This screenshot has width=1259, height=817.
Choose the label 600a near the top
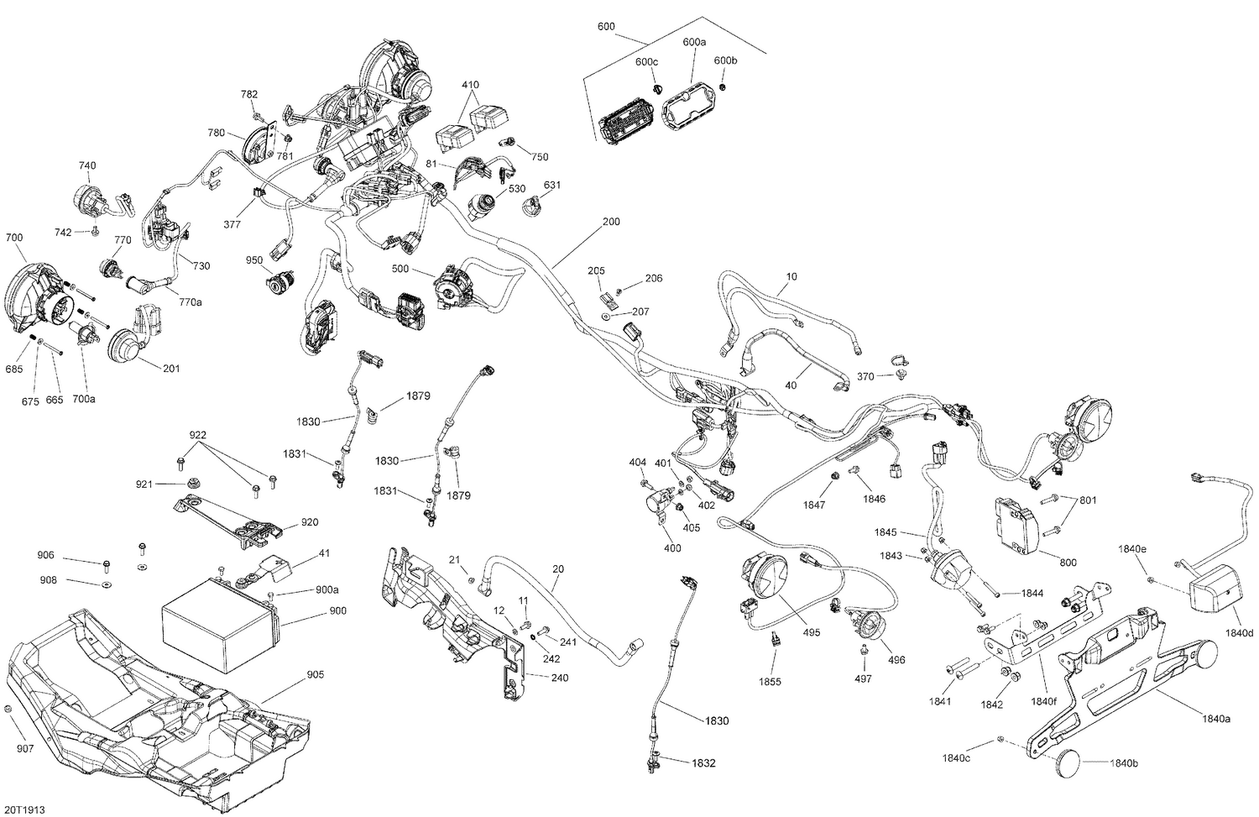[x=694, y=41]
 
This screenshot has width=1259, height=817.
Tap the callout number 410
[x=470, y=85]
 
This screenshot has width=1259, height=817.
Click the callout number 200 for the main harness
[x=612, y=223]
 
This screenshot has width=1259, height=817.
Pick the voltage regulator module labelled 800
[x=1020, y=525]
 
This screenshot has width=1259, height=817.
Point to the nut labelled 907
[x=8, y=711]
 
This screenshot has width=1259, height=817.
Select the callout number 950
[x=255, y=260]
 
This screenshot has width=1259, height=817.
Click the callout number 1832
[x=703, y=763]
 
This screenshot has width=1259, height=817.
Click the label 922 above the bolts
[x=197, y=435]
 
